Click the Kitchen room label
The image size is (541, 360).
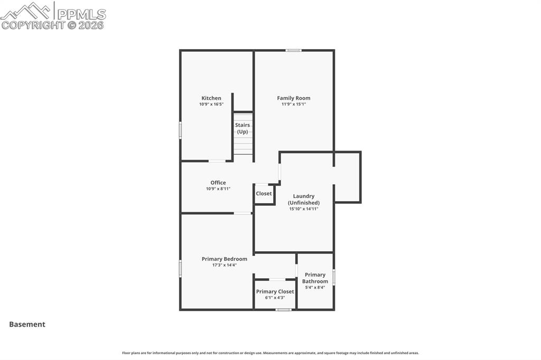[211, 98]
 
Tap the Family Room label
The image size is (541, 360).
[294, 98]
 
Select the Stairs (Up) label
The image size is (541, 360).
[242, 128]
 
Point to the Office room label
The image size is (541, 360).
[218, 183]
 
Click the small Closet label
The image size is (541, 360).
[264, 194]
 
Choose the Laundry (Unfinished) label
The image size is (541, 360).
[304, 200]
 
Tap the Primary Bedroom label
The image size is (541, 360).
[225, 259]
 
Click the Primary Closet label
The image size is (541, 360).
[275, 291]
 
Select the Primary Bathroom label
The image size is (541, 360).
[315, 278]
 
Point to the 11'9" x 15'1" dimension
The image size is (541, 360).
[294, 105]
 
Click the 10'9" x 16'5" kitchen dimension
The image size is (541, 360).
[211, 105]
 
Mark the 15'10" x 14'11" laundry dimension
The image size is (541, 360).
[304, 209]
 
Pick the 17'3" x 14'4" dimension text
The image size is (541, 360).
[225, 265]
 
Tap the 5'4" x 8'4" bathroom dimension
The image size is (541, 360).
[315, 288]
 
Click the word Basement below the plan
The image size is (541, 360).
[27, 325]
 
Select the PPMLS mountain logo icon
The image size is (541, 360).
[27, 11]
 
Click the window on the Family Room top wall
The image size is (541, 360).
[294, 50]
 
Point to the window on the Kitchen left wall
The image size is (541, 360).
[180, 130]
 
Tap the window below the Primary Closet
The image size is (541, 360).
[284, 310]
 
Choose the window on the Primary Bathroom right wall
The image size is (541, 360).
[334, 277]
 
